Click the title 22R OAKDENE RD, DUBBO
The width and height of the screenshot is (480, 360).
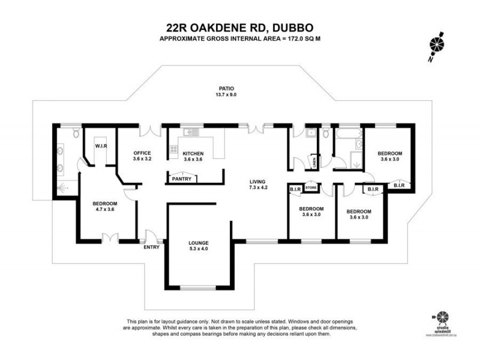tap(239, 27)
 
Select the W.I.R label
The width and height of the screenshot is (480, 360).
tap(101, 146)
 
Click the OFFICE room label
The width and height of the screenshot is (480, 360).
tap(142, 153)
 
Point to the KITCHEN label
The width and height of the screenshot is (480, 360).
tap(193, 153)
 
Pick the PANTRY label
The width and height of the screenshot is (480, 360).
tap(181, 179)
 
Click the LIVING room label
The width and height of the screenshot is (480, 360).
tap(258, 182)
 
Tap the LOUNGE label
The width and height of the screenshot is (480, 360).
tap(198, 243)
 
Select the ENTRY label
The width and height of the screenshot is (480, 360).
tap(150, 247)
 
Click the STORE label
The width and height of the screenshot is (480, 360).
tap(311, 188)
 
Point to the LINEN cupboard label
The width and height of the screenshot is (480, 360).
tap(314, 161)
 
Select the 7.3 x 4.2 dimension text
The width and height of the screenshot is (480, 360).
tap(258, 188)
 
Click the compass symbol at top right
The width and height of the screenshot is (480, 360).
tap(437, 43)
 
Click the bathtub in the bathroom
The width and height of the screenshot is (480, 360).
tap(348, 133)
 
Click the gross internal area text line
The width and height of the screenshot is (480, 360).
tap(239, 39)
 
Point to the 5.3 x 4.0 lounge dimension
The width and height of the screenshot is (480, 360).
tap(198, 250)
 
